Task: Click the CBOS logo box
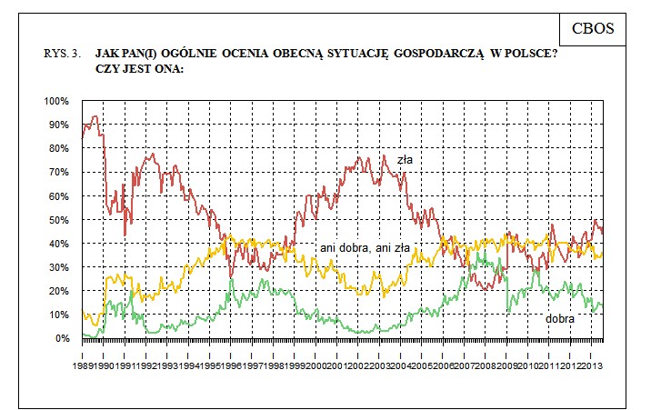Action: pyautogui.click(x=593, y=28)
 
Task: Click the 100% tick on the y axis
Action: pyautogui.click(x=56, y=100)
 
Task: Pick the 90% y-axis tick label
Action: pyautogui.click(x=58, y=124)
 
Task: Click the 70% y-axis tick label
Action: pyautogui.click(x=58, y=172)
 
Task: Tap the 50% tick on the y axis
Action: pyautogui.click(x=58, y=220)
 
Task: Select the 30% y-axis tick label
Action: pyautogui.click(x=58, y=267)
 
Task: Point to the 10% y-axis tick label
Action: pyautogui.click(x=58, y=315)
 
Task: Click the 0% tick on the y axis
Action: pyautogui.click(x=61, y=339)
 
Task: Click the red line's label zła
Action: pyautogui.click(x=405, y=160)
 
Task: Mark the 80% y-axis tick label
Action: pyautogui.click(x=58, y=148)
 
